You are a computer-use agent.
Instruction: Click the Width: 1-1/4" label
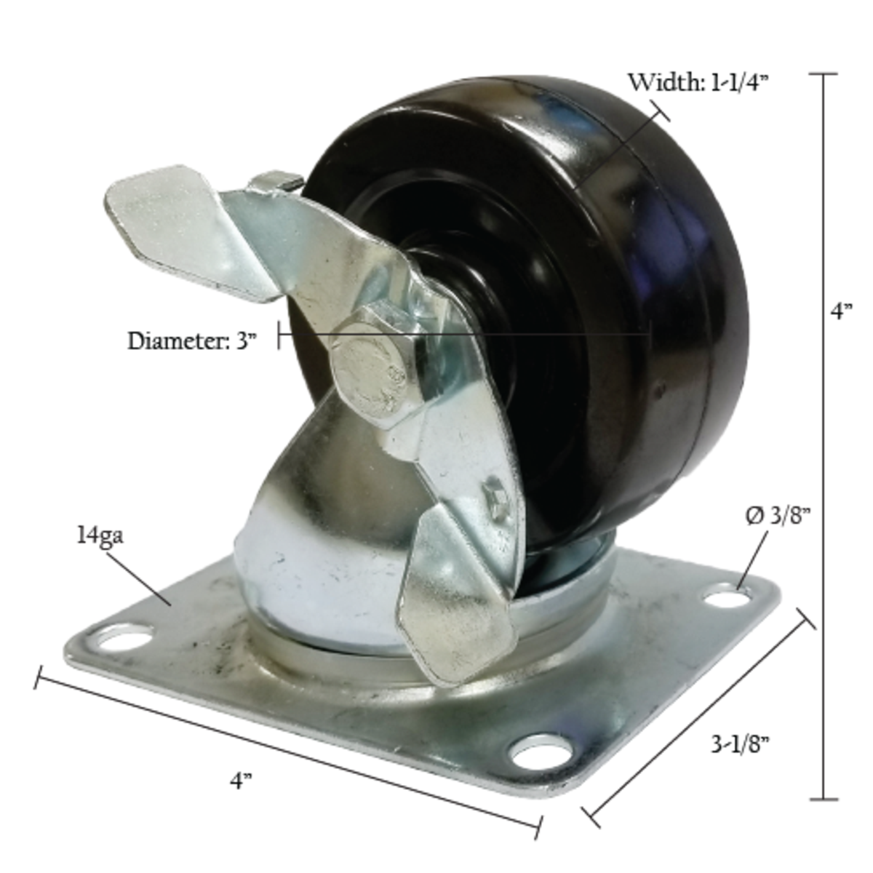[x=698, y=83]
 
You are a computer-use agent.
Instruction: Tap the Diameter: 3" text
[x=192, y=340]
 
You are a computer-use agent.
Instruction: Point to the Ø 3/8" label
[x=777, y=517]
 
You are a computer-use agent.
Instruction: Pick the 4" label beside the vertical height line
[x=842, y=311]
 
